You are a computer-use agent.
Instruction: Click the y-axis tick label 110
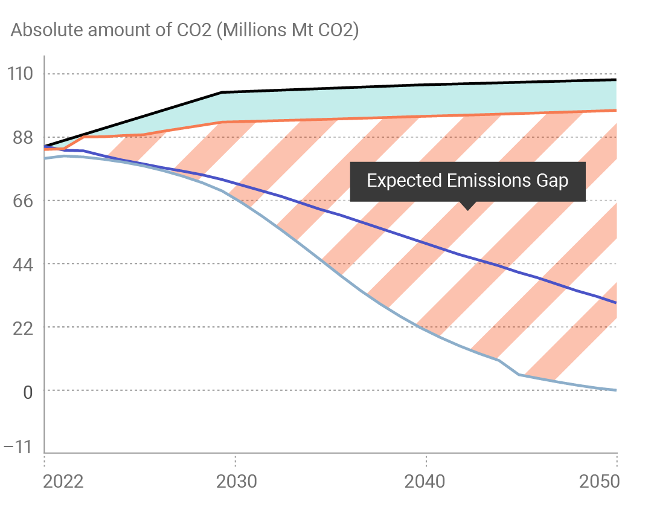tap(19, 74)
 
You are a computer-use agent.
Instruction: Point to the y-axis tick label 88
tap(19, 138)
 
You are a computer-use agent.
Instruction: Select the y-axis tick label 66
tap(19, 201)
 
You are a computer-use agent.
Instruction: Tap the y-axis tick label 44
tap(19, 264)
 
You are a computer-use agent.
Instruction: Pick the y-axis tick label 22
tap(19, 327)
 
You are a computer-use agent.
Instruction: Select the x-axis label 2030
tap(235, 482)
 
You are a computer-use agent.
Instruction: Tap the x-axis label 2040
tap(426, 482)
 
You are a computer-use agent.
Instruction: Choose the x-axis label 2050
tap(600, 482)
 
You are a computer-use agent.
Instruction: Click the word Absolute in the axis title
tap(48, 31)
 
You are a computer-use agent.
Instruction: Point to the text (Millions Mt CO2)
tap(287, 31)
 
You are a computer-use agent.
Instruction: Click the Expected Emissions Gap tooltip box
tap(467, 181)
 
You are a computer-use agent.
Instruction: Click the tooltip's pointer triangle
tap(467, 205)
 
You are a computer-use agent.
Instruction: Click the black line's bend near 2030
tap(222, 92)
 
